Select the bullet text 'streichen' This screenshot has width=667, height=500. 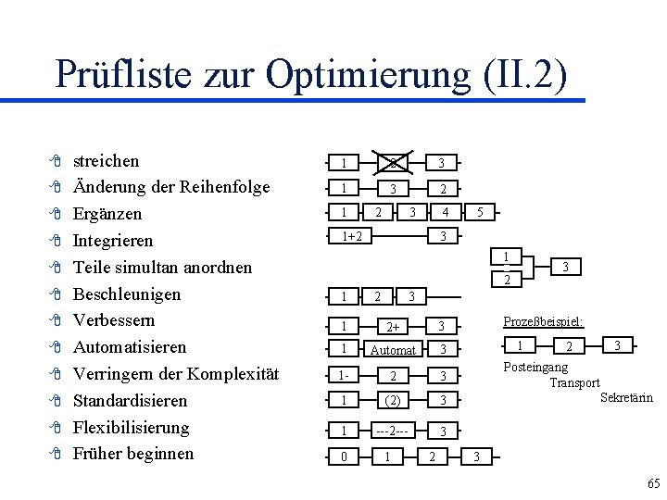pos(106,160)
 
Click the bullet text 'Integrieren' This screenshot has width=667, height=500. pos(112,241)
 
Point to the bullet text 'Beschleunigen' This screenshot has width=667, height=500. pos(126,294)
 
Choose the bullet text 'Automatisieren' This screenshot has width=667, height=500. pos(130,347)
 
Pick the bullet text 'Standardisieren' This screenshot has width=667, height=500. pos(130,401)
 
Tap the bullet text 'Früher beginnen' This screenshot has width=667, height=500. pos(133,454)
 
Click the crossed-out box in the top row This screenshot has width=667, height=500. pos(393,163)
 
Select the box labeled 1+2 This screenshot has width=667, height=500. pos(351,236)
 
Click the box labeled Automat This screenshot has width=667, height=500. pos(393,350)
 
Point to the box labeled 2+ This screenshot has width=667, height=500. pos(393,326)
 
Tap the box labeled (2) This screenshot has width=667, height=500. pos(393,401)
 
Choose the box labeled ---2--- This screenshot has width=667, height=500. pos(393,431)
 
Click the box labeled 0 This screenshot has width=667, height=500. pos(344,456)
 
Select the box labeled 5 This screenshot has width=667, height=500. pos(478,212)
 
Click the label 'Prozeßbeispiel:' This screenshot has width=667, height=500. pos(542,320)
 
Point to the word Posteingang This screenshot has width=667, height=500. pos(535,368)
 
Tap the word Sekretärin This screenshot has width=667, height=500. pos(626,398)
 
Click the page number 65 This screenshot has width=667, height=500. pos(654,484)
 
